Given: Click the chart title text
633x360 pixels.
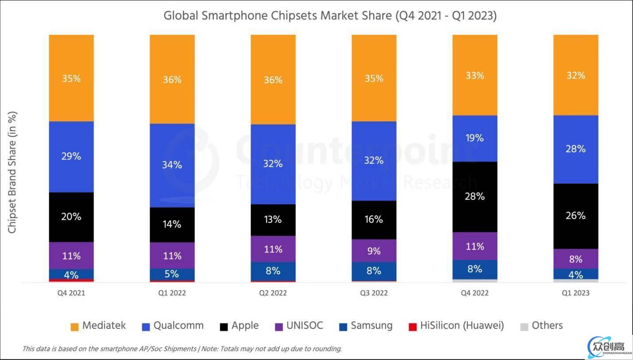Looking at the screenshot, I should (330, 16).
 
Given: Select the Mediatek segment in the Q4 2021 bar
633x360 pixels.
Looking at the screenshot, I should (71, 78).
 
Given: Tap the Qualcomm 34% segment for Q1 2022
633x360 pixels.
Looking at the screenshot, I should (172, 165).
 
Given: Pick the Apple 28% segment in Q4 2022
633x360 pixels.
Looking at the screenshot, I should (475, 197).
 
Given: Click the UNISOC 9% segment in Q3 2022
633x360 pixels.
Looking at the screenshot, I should (374, 251).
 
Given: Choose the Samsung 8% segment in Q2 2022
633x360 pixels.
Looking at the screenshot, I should (273, 271).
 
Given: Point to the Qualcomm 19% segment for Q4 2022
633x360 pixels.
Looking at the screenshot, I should (475, 138).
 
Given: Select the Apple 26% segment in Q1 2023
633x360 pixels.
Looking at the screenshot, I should (575, 216).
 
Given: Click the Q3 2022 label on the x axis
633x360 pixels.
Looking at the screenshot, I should (374, 293).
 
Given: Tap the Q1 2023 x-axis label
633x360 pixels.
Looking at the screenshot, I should (575, 293).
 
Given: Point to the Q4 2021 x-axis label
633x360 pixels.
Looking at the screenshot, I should (71, 293).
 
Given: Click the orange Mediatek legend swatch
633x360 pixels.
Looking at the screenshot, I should (74, 327).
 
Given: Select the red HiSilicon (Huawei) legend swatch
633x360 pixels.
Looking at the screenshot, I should (412, 327).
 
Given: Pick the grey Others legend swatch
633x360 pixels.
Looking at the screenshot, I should (524, 327).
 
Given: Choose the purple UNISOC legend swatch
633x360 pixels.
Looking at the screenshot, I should (279, 327).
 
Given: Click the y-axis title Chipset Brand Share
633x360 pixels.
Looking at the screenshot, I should (12, 173).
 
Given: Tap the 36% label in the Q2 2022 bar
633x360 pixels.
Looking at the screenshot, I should (273, 80).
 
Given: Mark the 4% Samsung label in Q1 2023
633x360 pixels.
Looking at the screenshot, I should (575, 275).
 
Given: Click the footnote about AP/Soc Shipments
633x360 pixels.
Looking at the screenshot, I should (182, 349).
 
